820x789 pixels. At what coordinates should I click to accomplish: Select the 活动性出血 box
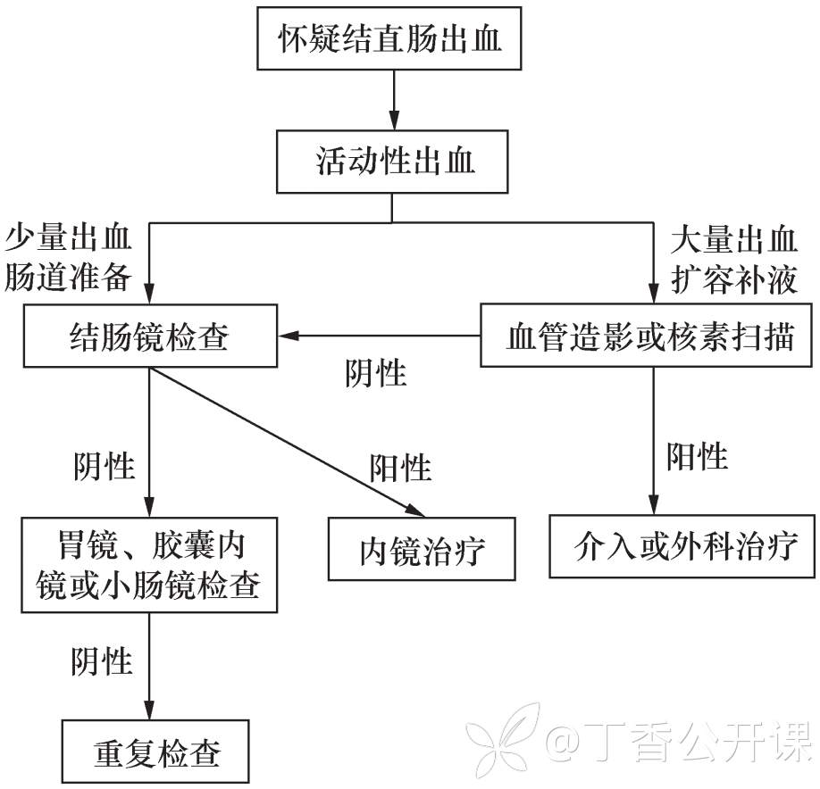point(392,162)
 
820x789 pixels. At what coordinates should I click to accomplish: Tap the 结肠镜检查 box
point(149,336)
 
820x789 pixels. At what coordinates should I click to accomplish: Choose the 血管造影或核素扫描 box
point(649,336)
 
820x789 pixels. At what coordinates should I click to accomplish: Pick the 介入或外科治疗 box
point(683,545)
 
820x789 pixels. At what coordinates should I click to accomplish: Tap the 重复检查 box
point(156,752)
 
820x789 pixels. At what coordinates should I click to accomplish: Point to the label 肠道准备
point(68,279)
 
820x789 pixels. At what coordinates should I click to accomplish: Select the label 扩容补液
point(734,279)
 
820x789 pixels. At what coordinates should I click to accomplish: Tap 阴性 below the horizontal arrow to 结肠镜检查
point(376,372)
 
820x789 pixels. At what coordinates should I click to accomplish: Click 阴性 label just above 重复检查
point(102,661)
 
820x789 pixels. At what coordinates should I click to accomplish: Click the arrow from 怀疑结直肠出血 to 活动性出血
point(392,98)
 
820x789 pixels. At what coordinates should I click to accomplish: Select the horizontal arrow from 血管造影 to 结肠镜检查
point(380,336)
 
